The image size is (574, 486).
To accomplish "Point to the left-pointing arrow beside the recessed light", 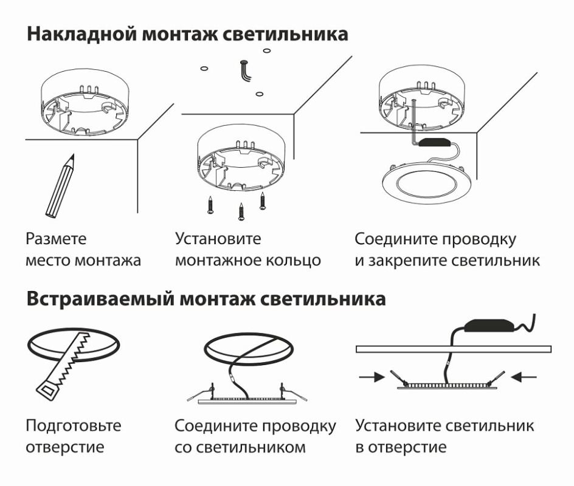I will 524,377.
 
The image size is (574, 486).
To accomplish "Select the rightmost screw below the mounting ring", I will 263,200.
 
